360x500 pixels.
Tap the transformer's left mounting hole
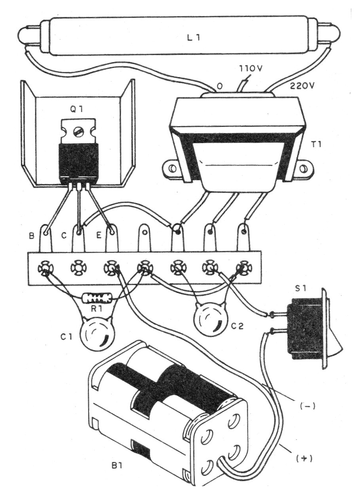(172, 168)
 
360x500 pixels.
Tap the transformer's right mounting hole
(304, 168)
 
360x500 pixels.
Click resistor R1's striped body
(97, 298)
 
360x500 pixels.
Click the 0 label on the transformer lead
(219, 87)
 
